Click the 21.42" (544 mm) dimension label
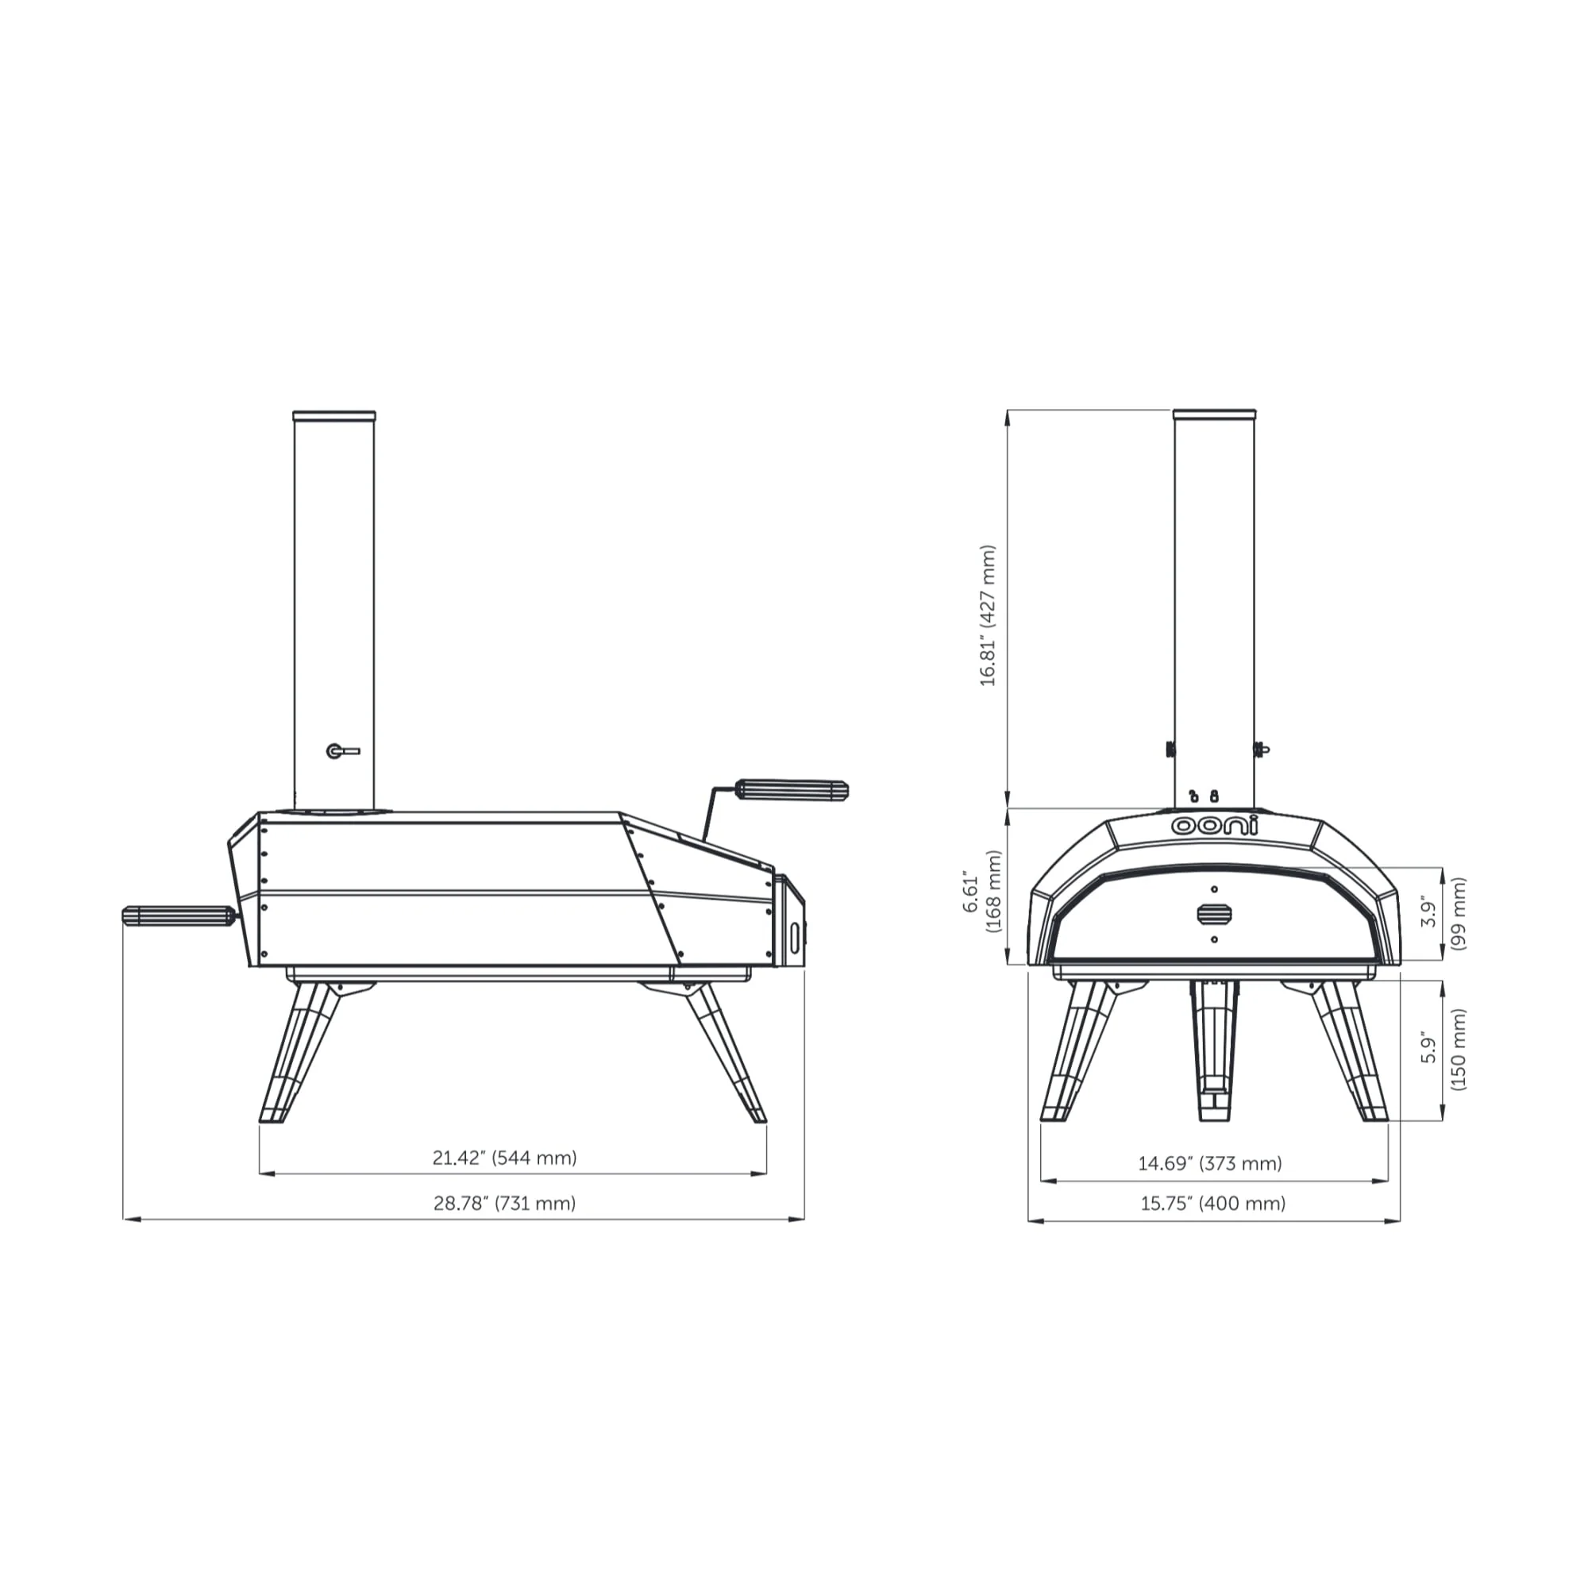[x=505, y=1158]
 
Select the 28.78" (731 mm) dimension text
[x=505, y=1204]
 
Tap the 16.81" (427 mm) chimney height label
[x=988, y=615]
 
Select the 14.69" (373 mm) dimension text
[x=1210, y=1163]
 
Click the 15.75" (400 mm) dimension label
[x=1212, y=1204]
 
